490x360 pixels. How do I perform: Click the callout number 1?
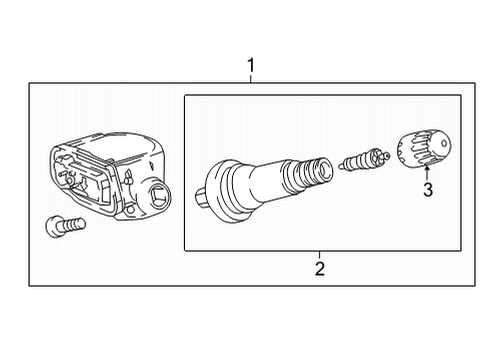click(251, 67)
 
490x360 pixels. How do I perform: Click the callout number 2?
click(319, 267)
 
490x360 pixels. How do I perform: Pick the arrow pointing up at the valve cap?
click(426, 175)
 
